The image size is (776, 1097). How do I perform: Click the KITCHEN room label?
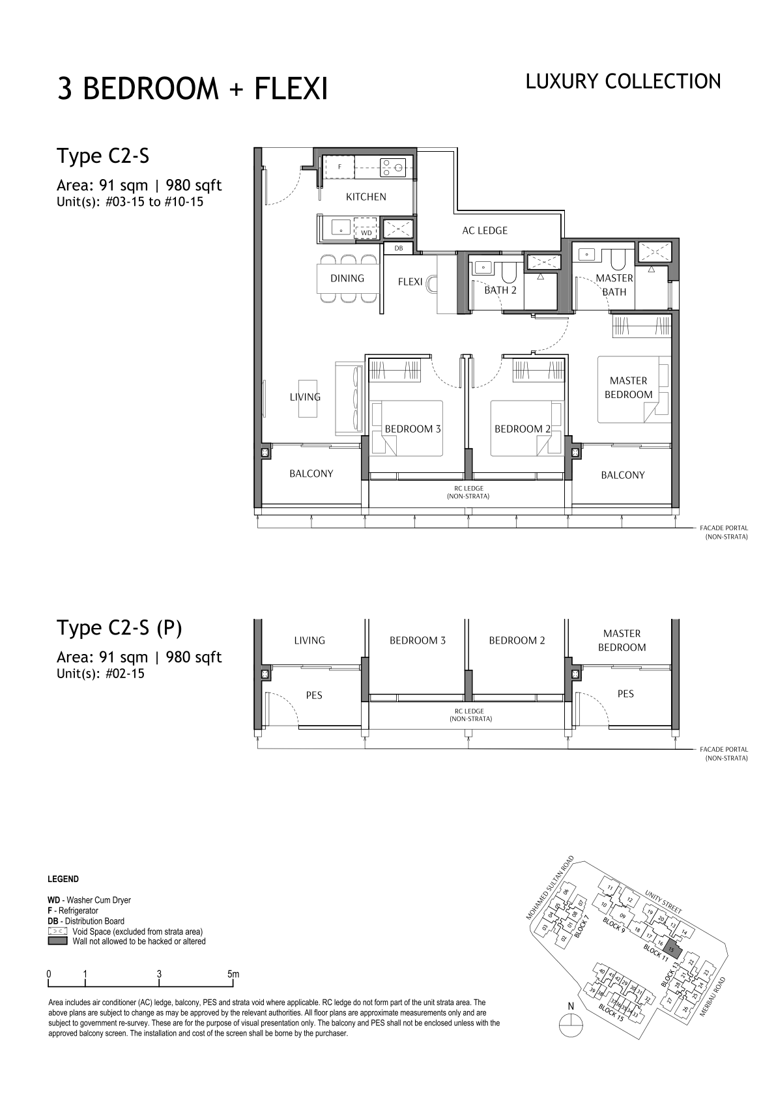pyautogui.click(x=366, y=197)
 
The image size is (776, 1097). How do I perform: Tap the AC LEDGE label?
pyautogui.click(x=485, y=231)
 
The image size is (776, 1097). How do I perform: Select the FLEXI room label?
pyautogui.click(x=410, y=281)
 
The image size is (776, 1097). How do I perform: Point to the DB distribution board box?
pyautogui.click(x=398, y=248)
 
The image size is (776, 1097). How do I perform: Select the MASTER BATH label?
pyautogui.click(x=614, y=285)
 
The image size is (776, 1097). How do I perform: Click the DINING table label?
pyautogui.click(x=347, y=278)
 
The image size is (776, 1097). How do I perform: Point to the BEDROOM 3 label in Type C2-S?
pyautogui.click(x=412, y=429)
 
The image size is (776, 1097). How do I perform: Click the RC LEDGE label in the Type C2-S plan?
pyautogui.click(x=468, y=492)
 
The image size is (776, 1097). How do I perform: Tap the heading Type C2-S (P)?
pyautogui.click(x=119, y=628)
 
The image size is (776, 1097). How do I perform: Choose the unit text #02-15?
pyautogui.click(x=125, y=674)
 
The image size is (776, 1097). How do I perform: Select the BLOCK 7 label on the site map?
pyautogui.click(x=581, y=926)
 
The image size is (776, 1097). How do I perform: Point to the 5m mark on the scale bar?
pyautogui.click(x=233, y=974)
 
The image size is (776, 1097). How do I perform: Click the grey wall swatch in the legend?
pyautogui.click(x=57, y=941)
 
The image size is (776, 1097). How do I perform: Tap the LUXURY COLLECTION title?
pyautogui.click(x=623, y=82)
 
